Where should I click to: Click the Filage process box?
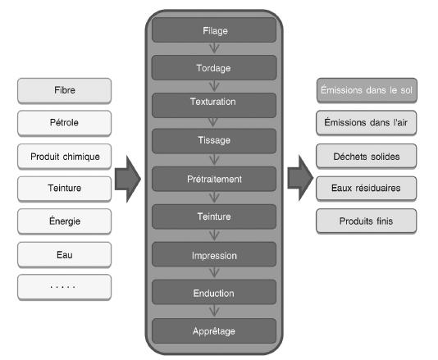pyautogui.click(x=214, y=30)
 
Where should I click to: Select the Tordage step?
pyautogui.click(x=214, y=67)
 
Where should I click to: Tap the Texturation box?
pyautogui.click(x=214, y=105)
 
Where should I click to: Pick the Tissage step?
pyautogui.click(x=214, y=141)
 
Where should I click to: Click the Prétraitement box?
pyautogui.click(x=214, y=179)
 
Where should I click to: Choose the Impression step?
pyautogui.click(x=214, y=254)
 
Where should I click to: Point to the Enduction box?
pyautogui.click(x=214, y=292)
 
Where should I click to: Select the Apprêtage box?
pyautogui.click(x=214, y=331)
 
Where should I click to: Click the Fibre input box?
pyautogui.click(x=64, y=91)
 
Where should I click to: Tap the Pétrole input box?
pyautogui.click(x=64, y=123)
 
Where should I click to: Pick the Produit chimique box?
pyautogui.click(x=64, y=157)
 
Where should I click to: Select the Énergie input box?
pyautogui.click(x=64, y=221)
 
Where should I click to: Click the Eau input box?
pyautogui.click(x=64, y=255)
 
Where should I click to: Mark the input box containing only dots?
pyautogui.click(x=64, y=287)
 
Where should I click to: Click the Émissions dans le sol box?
pyautogui.click(x=367, y=90)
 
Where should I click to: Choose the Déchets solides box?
pyautogui.click(x=366, y=156)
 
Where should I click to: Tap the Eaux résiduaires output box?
pyautogui.click(x=366, y=189)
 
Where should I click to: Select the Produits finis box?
pyautogui.click(x=366, y=221)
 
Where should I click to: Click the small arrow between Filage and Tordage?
pyautogui.click(x=214, y=48)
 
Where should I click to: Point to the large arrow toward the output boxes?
pyautogui.click(x=300, y=178)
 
